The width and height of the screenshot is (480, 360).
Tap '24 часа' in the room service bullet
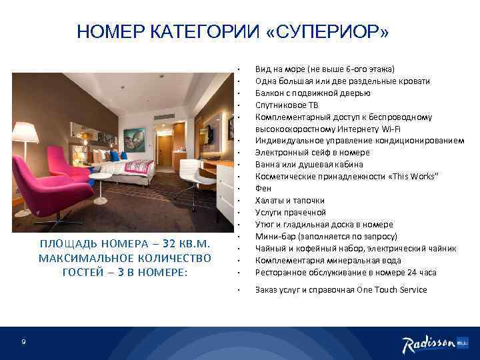pos(421,273)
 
